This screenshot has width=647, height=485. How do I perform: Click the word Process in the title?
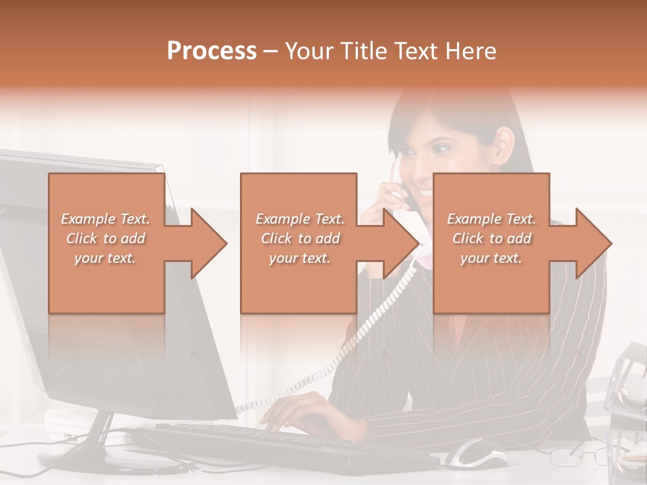coord(212,51)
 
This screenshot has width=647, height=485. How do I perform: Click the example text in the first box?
coord(106,238)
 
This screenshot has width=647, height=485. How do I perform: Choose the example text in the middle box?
coord(299,238)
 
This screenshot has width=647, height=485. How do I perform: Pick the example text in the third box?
coord(491,238)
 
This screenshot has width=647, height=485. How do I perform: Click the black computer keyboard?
coord(283,445)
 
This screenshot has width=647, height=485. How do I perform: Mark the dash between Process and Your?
coord(270,51)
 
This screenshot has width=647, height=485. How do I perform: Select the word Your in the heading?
coord(310,51)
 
